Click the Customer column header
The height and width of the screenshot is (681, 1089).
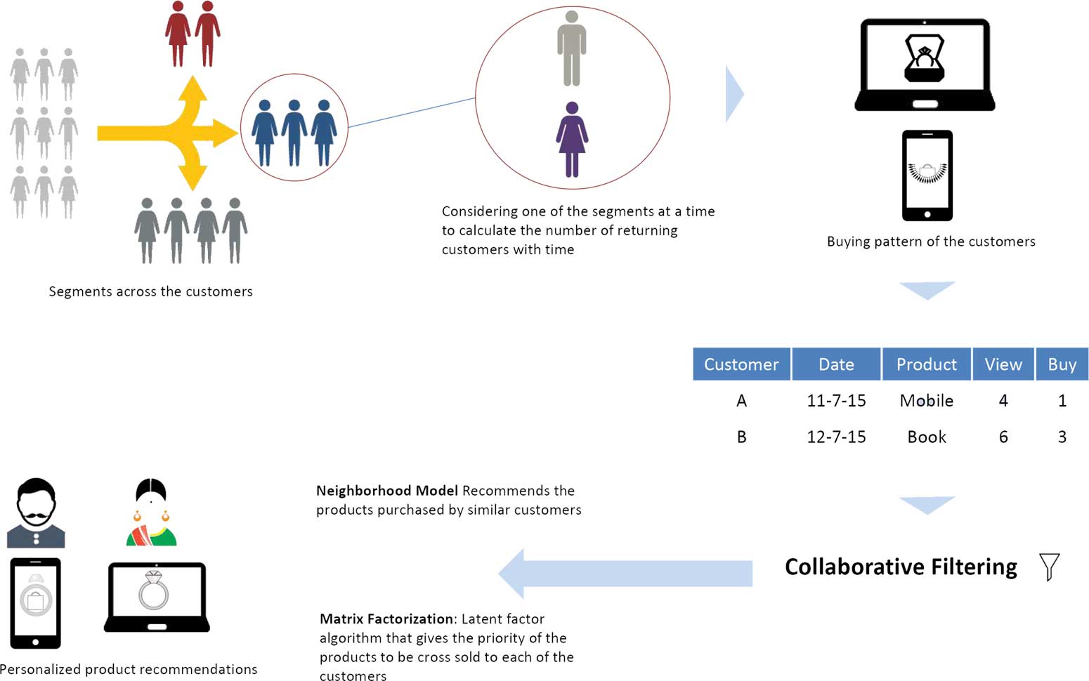[x=741, y=364]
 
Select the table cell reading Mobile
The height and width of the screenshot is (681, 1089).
[x=926, y=401]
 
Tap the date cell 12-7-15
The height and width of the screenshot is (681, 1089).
[x=836, y=437]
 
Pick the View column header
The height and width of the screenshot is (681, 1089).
[x=1003, y=364]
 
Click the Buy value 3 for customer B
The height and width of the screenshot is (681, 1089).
[x=1062, y=437]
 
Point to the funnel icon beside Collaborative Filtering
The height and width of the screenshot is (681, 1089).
[x=1049, y=567]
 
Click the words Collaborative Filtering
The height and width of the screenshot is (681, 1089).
[x=901, y=567]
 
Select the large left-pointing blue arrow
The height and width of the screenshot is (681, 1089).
[x=625, y=573]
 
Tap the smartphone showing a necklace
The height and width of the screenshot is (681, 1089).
[x=927, y=176]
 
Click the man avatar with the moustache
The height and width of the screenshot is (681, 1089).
[x=36, y=513]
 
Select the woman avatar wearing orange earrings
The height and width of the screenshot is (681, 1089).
[x=151, y=513]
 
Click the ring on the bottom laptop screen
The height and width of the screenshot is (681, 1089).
[x=154, y=590]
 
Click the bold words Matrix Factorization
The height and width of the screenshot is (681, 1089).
[x=386, y=619]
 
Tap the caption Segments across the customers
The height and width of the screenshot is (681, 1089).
[x=150, y=291]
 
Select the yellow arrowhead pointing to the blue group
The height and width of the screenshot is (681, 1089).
[x=225, y=133]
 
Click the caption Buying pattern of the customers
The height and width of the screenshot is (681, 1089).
[x=930, y=242]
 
